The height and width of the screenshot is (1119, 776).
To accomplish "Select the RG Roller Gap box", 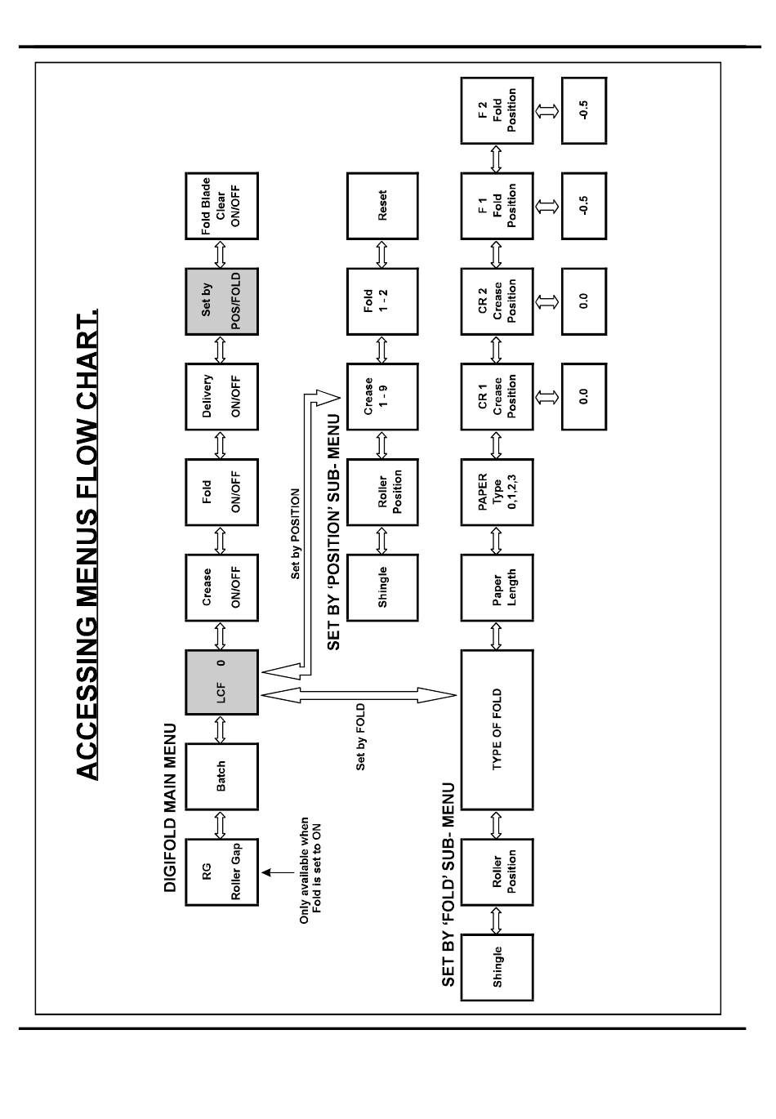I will pos(221,872).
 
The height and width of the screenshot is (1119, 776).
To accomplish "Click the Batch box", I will pos(221,777).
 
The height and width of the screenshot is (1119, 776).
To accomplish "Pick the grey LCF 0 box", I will pos(221,682).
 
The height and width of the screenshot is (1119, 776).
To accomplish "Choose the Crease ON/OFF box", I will pos(221,587).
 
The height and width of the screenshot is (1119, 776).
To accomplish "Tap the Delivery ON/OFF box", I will pos(221,397).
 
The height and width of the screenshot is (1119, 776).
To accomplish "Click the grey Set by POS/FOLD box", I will pos(221,301).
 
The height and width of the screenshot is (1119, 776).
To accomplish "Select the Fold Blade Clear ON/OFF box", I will pos(221,206).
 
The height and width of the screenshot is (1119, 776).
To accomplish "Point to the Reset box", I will pos(382,206).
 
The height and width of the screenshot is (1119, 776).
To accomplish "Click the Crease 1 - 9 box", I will pos(382,397).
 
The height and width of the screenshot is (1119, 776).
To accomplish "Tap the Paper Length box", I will pos(497,587).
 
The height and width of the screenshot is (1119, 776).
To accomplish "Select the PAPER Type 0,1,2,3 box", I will pos(497,492).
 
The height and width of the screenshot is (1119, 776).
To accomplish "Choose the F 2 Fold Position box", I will pos(497,111).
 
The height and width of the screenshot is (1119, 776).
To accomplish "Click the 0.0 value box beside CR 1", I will pos(583,397).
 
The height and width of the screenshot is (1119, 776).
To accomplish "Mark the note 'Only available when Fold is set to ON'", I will pos(310,871).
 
